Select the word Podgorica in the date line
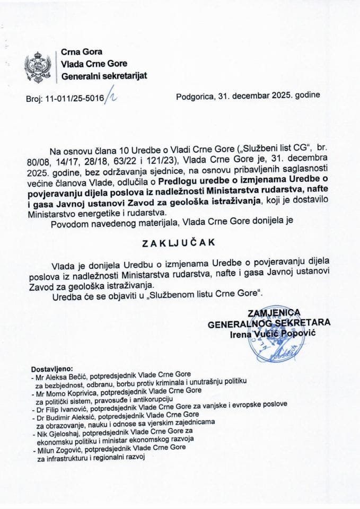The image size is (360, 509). click(x=195, y=96)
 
